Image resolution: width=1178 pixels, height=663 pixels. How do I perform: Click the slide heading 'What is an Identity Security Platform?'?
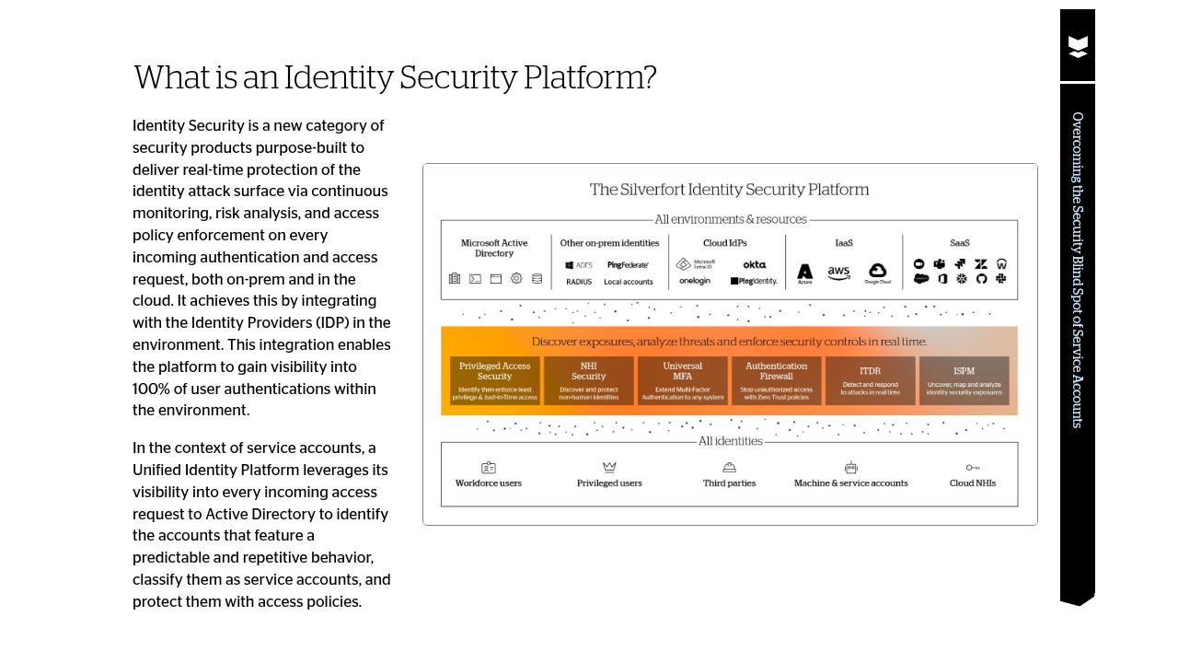click(395, 78)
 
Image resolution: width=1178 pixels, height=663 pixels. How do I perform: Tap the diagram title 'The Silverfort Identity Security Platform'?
click(729, 190)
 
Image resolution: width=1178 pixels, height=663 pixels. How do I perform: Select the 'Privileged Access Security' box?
click(494, 380)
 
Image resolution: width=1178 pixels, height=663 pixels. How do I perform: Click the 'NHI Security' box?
click(588, 380)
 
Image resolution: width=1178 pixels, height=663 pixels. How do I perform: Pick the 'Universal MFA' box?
click(682, 380)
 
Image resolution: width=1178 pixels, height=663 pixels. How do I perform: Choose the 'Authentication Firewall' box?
click(776, 380)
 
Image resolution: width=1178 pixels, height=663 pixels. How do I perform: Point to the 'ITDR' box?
click(870, 380)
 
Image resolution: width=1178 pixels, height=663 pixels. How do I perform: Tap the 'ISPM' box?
click(964, 380)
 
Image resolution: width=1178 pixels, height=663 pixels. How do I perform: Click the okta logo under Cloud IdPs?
click(754, 264)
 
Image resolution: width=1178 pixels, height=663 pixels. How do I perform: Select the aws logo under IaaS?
click(838, 273)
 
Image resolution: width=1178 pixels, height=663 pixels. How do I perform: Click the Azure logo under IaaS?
click(804, 273)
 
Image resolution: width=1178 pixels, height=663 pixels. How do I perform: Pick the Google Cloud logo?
click(877, 273)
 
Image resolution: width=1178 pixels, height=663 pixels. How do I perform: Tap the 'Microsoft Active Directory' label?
click(494, 248)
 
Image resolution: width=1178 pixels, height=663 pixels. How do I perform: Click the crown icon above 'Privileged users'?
click(609, 468)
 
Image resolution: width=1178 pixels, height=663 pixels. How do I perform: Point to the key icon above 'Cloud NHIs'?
click(973, 468)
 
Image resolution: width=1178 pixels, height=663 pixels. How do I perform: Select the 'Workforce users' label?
click(488, 483)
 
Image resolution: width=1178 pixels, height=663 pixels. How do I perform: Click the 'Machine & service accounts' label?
click(850, 483)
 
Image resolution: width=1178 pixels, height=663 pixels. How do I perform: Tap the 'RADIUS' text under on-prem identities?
click(579, 282)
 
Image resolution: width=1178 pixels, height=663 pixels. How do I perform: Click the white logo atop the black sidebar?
click(1078, 46)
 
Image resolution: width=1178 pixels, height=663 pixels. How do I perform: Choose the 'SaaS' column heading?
click(959, 243)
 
